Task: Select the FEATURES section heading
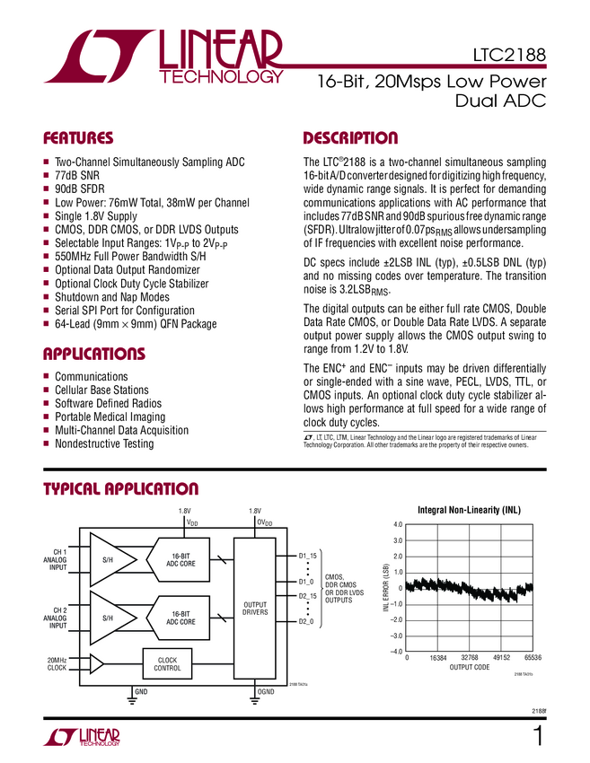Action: coord(79,138)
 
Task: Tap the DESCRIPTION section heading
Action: coord(350,138)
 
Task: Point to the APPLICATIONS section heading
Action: coord(96,354)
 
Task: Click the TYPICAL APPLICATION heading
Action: coord(121,489)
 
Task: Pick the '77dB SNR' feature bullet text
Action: coord(77,177)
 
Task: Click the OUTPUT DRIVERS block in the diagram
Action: coord(255,610)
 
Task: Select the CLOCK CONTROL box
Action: coord(168,664)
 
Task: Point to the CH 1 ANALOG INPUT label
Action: coord(57,559)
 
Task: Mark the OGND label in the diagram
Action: coord(266,692)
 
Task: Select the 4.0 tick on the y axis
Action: coord(397,524)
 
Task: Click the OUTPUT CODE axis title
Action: coord(470,668)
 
